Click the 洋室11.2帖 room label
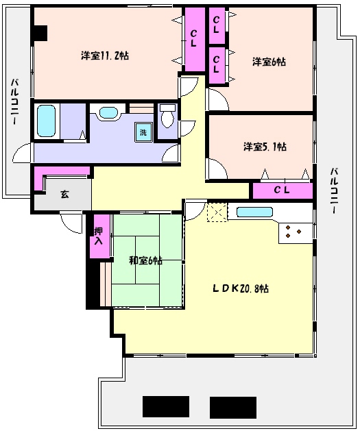tap(105, 56)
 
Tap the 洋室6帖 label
tap(269, 62)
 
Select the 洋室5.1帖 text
tap(265, 147)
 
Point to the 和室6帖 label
tap(146, 260)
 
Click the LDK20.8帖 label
tap(241, 288)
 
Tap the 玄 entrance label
tap(64, 195)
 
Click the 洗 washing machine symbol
tap(143, 132)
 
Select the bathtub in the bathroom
tap(46, 121)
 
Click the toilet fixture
tap(167, 116)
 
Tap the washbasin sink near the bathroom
tap(108, 112)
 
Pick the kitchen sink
tap(254, 212)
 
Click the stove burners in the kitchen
tap(293, 232)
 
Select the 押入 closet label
tap(99, 236)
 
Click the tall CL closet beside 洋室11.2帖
tap(195, 39)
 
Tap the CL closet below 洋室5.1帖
tap(282, 190)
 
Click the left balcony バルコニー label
tap(14, 101)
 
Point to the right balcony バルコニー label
tap(335, 190)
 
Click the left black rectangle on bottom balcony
tap(166, 406)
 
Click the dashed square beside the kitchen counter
tap(217, 212)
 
